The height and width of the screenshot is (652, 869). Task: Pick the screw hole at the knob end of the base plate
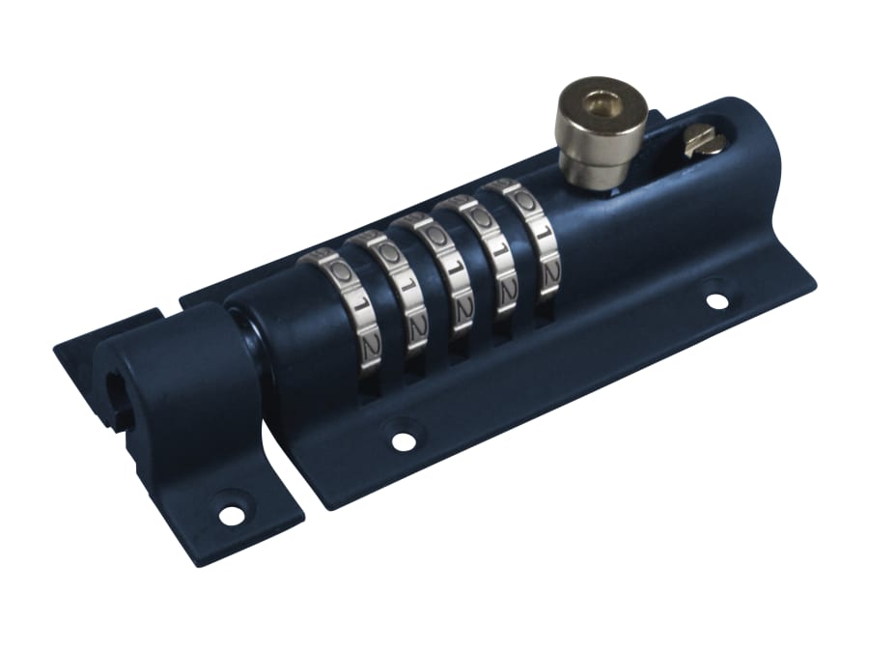pos(717,300)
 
